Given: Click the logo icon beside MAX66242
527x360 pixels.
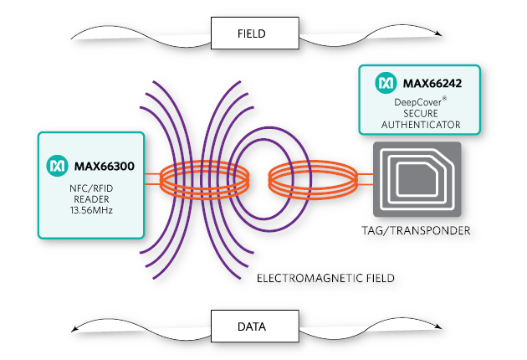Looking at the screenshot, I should [x=386, y=84].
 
